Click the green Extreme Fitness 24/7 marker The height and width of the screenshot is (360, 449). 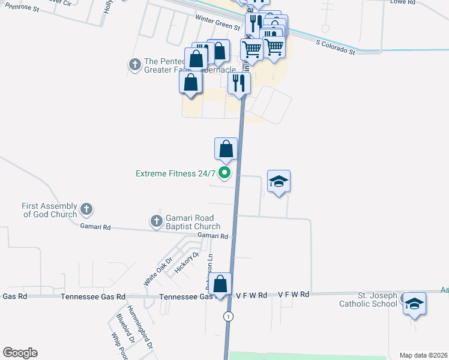(225, 174)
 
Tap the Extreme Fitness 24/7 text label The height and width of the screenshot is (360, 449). (175, 174)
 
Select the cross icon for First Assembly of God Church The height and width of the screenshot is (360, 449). (86, 209)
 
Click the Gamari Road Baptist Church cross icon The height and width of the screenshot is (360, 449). (157, 221)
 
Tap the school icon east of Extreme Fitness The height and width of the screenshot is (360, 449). (279, 181)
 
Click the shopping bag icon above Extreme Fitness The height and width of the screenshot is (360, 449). (226, 149)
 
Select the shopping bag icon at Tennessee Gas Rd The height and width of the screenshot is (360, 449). (221, 283)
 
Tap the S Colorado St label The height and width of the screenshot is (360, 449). (336, 47)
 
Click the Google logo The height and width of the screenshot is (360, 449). (20, 353)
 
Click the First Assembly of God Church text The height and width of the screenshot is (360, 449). (49, 210)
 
